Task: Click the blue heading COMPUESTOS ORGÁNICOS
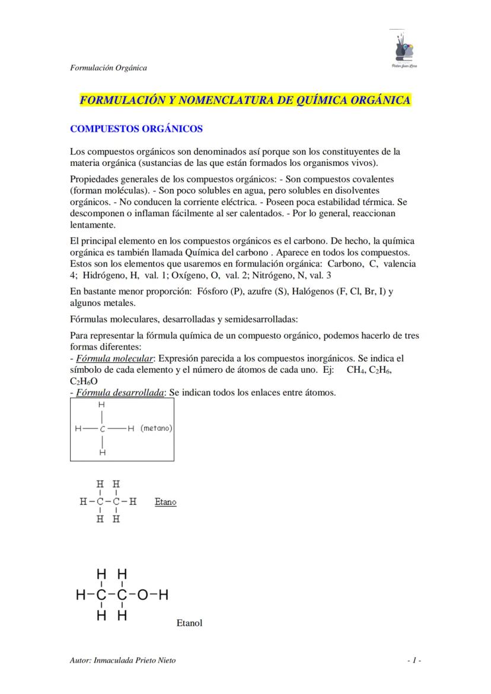136,129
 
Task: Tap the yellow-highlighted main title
245,100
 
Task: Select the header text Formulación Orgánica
109,68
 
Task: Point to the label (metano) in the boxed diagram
157,428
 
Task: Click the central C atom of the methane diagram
103,428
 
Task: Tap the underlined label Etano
165,502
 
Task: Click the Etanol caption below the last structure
189,623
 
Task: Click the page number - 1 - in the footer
414,660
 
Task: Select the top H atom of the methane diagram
102,404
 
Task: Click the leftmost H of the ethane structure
83,502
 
